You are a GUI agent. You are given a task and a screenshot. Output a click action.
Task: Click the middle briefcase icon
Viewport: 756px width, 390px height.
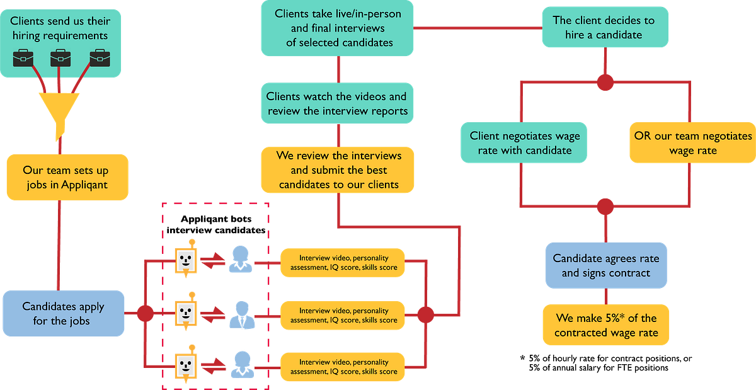coord(60,58)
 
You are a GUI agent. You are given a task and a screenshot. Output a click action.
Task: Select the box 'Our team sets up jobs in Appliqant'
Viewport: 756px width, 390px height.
coord(67,177)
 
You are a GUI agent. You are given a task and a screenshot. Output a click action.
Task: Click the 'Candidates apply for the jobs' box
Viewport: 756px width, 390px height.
coord(63,314)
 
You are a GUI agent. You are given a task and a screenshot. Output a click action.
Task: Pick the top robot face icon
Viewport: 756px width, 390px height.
coord(185,260)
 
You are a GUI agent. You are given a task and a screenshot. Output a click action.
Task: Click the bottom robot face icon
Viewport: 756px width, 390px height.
coord(185,364)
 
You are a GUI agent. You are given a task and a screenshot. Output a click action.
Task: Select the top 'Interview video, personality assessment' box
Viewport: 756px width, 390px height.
coord(343,263)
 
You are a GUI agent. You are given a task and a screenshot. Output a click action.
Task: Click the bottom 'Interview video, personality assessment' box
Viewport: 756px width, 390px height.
coord(343,367)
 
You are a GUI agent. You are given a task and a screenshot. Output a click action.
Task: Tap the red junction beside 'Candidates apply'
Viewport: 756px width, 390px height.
coord(145,313)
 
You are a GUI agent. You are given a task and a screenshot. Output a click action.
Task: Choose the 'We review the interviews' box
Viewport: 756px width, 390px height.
coord(338,170)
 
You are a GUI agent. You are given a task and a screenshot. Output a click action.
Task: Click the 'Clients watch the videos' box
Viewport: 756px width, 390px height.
coord(336,104)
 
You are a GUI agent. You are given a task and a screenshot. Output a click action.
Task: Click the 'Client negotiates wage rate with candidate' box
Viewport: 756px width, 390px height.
coord(525,143)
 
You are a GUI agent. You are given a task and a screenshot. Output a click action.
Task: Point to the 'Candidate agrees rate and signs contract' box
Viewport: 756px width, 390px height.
coord(605,265)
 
